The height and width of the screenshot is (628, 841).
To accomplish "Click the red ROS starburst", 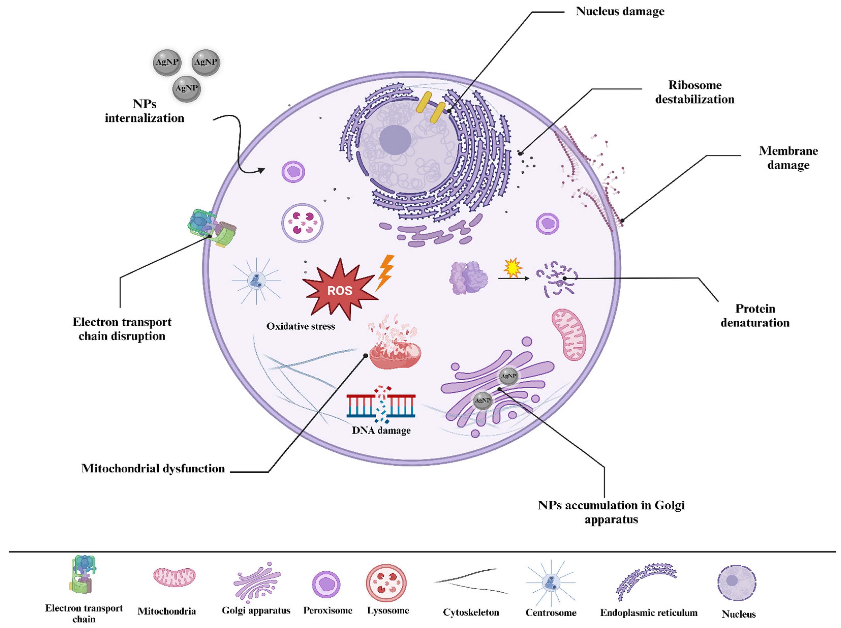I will tap(339, 290).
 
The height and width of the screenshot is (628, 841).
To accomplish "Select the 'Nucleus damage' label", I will tap(620, 11).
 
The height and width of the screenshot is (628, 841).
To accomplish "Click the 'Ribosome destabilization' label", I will tap(694, 92).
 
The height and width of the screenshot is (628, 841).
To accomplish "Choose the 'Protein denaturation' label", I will tap(755, 315).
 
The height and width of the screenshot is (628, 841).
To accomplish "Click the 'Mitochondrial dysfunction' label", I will tap(153, 468).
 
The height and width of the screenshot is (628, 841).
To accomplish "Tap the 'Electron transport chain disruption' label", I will tap(122, 329).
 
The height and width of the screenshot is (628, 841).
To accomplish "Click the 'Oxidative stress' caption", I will tap(300, 326).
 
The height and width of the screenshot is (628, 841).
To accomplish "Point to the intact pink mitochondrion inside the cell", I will tap(569, 334).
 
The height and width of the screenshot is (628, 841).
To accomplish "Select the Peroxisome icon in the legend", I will tap(326, 584).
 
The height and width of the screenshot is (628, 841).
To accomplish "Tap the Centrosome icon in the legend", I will tap(551, 583).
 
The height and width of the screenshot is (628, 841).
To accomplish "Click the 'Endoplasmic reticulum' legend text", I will tap(648, 613).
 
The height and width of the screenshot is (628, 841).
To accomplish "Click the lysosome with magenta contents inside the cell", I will tap(302, 223).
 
